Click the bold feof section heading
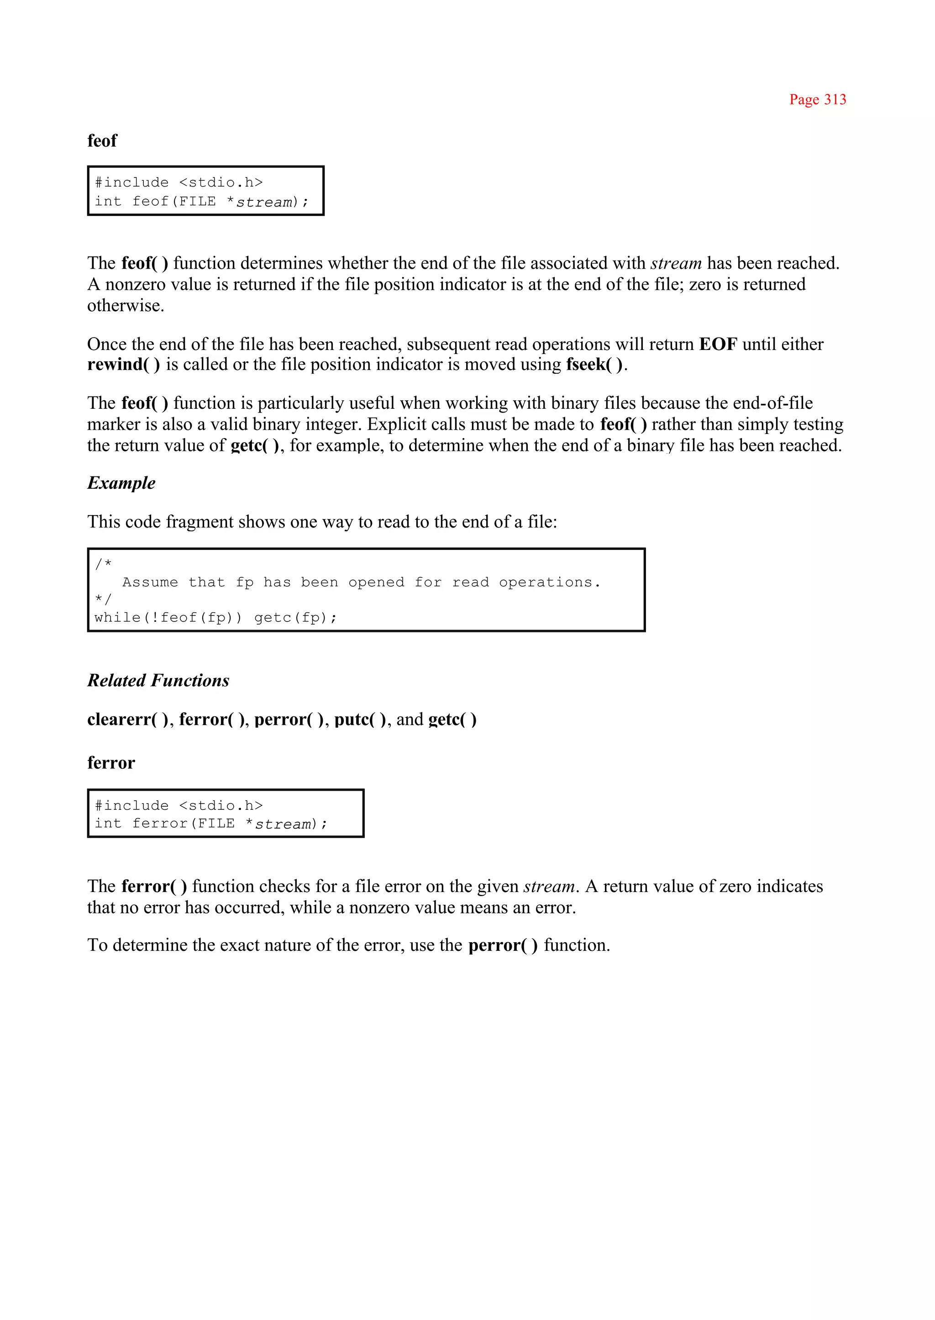click(102, 141)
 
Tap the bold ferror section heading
click(110, 762)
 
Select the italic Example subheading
click(121, 483)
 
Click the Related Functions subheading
click(158, 680)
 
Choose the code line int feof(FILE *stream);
click(201, 201)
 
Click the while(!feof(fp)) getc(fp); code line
click(215, 617)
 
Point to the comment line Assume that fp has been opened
click(361, 582)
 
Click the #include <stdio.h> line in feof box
click(179, 183)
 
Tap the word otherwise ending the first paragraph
click(125, 306)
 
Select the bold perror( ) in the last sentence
click(502, 945)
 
